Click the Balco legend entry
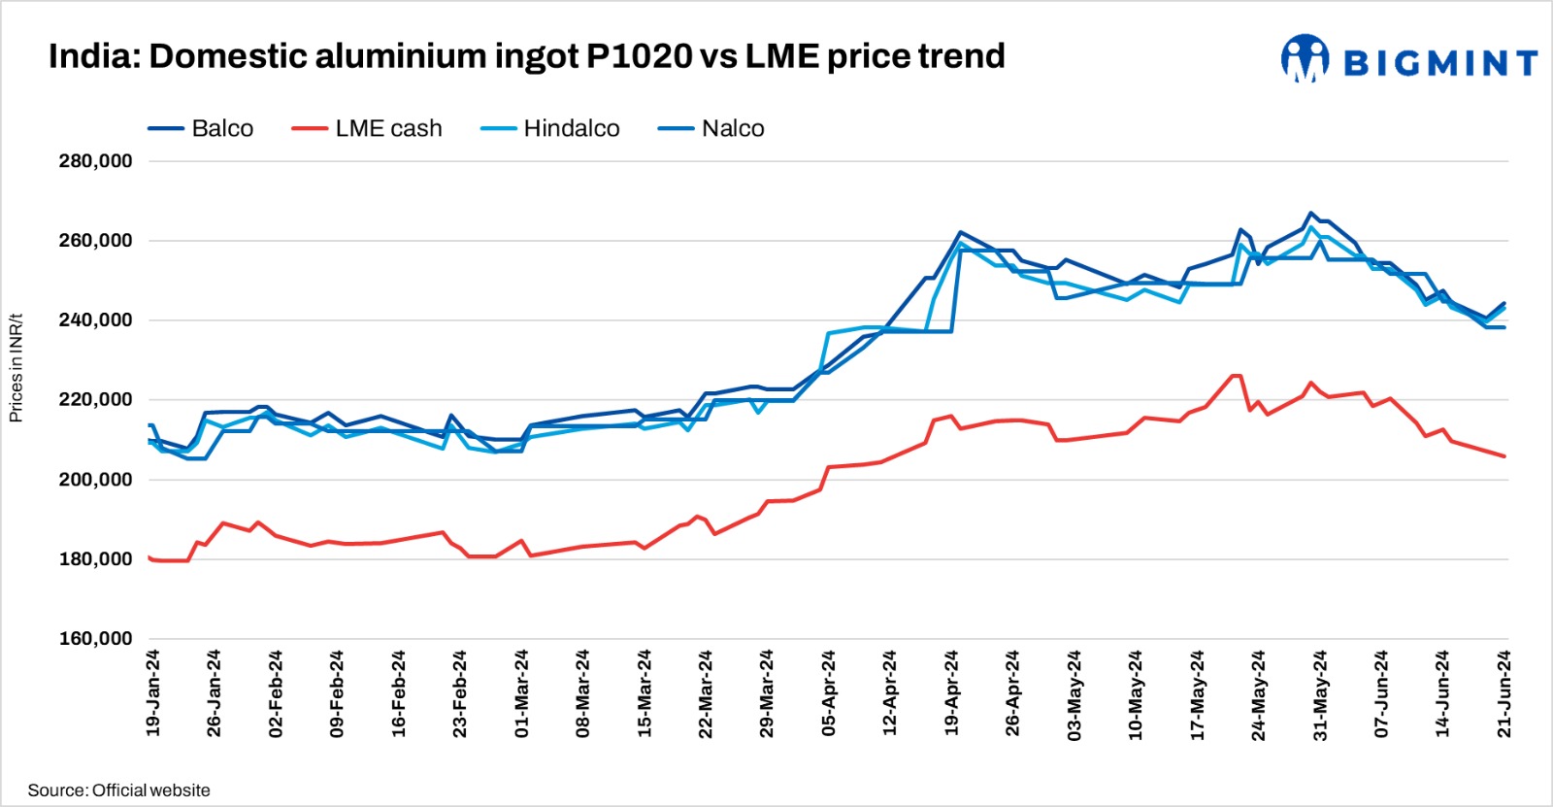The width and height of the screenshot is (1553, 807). [201, 128]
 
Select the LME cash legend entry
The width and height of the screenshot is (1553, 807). [367, 128]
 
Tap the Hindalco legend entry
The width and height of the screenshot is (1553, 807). [550, 128]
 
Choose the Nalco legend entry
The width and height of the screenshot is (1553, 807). [711, 128]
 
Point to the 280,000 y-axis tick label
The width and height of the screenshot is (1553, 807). [95, 161]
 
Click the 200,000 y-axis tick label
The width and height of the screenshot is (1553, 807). [95, 480]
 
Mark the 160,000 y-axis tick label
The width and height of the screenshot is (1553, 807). [95, 639]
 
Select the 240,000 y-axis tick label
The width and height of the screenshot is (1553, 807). [95, 320]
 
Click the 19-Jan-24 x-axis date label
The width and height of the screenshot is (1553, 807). [153, 692]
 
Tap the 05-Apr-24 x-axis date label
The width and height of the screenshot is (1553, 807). [829, 692]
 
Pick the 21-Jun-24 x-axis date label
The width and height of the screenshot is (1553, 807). [1504, 692]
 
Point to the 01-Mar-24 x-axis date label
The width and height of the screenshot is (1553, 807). [522, 692]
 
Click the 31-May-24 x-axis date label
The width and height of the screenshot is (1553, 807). [1320, 692]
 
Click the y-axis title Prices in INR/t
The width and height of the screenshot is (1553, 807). [16, 368]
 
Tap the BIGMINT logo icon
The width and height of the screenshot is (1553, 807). [1305, 59]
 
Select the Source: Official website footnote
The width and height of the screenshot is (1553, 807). [118, 790]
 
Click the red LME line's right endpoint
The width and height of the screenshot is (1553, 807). [1504, 456]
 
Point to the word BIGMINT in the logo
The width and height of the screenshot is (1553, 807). [1440, 63]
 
